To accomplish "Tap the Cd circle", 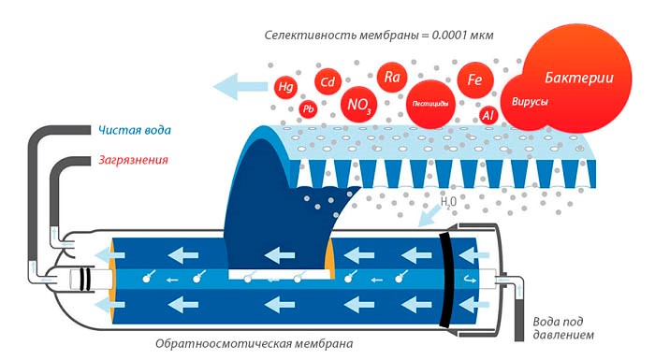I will [x=327, y=81].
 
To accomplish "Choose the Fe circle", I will [x=474, y=80].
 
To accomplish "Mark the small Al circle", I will [x=488, y=115].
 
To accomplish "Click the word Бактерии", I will [x=579, y=78].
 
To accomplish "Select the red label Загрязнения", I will [x=133, y=160].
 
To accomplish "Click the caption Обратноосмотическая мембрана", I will [x=255, y=343].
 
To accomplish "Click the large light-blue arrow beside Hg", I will [x=239, y=88].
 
